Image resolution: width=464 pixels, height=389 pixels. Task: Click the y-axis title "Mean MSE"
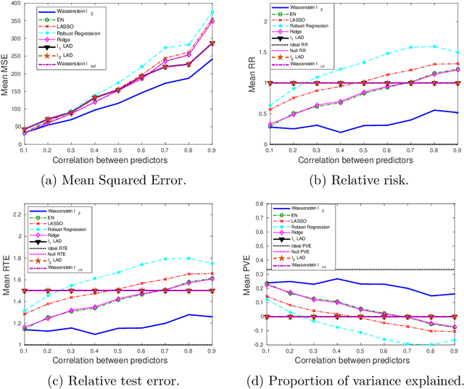[6, 73]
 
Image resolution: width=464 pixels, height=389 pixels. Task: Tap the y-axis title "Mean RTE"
[6, 277]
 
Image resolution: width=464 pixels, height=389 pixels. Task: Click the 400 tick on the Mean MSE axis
[15, 6]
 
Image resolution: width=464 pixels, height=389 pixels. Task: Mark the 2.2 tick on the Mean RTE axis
[15, 210]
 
